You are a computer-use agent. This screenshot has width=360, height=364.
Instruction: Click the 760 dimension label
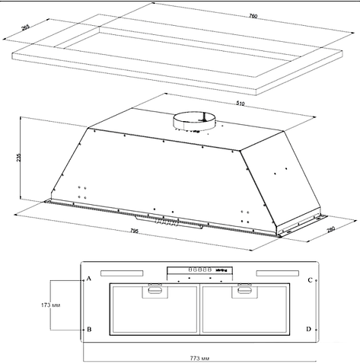(x=253, y=16)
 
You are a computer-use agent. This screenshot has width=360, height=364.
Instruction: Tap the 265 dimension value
(x=26, y=27)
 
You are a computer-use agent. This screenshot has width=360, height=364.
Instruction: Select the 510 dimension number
(x=241, y=104)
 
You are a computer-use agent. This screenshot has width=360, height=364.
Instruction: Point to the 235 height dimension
(x=18, y=158)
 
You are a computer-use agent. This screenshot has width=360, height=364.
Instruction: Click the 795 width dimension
(x=134, y=231)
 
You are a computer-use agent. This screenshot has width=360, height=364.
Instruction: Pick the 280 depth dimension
(x=331, y=228)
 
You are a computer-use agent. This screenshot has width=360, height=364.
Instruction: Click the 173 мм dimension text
(x=51, y=305)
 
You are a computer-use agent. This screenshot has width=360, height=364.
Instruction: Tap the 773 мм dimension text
(x=199, y=359)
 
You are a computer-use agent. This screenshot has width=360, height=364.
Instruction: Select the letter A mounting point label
(x=89, y=279)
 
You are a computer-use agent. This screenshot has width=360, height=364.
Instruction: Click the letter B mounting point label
(x=89, y=329)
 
